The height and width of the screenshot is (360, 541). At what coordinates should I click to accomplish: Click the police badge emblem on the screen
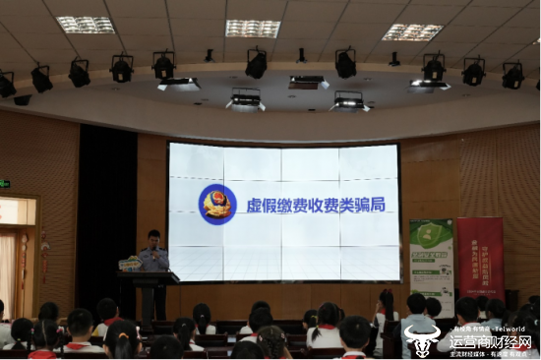pyautogui.click(x=217, y=204)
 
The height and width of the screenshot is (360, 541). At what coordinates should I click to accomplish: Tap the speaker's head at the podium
pyautogui.click(x=153, y=237)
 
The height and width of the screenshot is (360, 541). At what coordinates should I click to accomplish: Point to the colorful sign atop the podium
pyautogui.click(x=130, y=264)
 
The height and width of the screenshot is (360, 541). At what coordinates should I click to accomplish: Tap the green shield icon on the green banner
pyautogui.click(x=429, y=236)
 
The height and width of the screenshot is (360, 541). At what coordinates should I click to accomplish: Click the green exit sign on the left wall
pyautogui.click(x=5, y=184)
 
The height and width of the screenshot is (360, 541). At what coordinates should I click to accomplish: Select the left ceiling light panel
pyautogui.click(x=86, y=24)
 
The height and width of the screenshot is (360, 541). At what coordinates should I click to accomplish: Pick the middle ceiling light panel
pyautogui.click(x=253, y=28)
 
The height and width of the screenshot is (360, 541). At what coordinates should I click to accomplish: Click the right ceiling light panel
pyautogui.click(x=412, y=31)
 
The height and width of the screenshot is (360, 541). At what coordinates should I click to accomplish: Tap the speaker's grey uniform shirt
pyautogui.click(x=153, y=259)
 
